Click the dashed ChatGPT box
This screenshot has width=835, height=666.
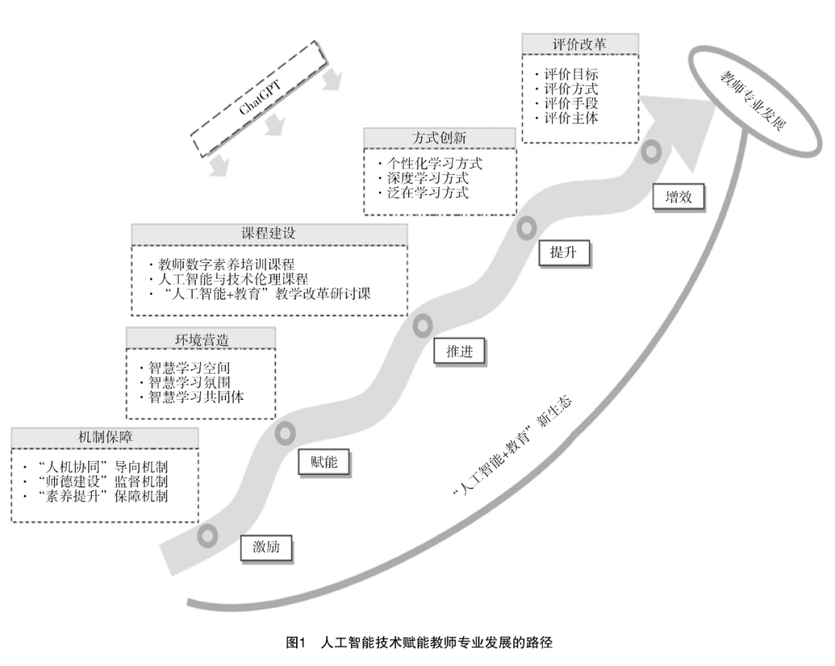pyautogui.click(x=259, y=97)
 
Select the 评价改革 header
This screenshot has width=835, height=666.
pyautogui.click(x=580, y=44)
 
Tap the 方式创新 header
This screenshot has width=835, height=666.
pyautogui.click(x=439, y=138)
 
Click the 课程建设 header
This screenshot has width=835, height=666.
pyautogui.click(x=269, y=234)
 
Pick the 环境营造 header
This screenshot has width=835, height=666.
pyautogui.click(x=201, y=338)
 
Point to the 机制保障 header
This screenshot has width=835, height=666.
pyautogui.click(x=105, y=437)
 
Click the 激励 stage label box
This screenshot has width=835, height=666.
pyautogui.click(x=266, y=548)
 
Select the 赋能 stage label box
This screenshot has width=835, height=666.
pyautogui.click(x=324, y=462)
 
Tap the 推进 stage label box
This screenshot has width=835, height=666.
pyautogui.click(x=459, y=351)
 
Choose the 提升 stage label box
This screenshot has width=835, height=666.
pyautogui.click(x=564, y=253)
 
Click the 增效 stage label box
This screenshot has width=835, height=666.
pyautogui.click(x=678, y=197)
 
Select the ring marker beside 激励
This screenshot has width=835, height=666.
pyautogui.click(x=207, y=535)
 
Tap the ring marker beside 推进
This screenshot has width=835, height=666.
pyautogui.click(x=423, y=326)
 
